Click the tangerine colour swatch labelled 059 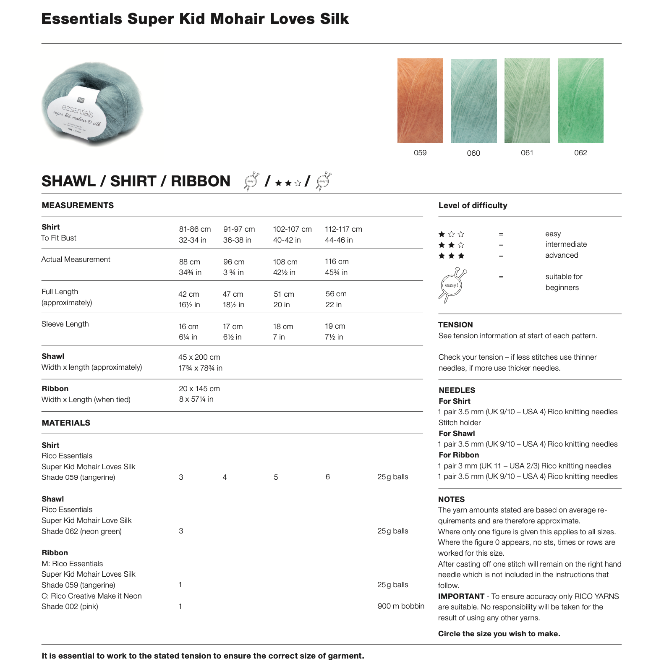pyautogui.click(x=420, y=100)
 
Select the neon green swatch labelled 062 pyautogui.click(x=580, y=100)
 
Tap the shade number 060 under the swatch pyautogui.click(x=473, y=153)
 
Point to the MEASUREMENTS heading pyautogui.click(x=78, y=205)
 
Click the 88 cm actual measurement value pyautogui.click(x=189, y=262)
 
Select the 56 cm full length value pyautogui.click(x=336, y=294)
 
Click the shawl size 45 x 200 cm pyautogui.click(x=199, y=357)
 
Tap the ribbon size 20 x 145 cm pyautogui.click(x=199, y=389)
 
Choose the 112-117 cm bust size pyautogui.click(x=343, y=229)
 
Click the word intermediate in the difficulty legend pyautogui.click(x=566, y=244)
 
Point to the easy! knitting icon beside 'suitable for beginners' pyautogui.click(x=452, y=285)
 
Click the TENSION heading pyautogui.click(x=455, y=324)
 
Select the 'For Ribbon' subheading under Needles pyautogui.click(x=459, y=455)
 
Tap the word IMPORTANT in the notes pyautogui.click(x=461, y=596)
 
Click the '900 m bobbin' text pyautogui.click(x=400, y=606)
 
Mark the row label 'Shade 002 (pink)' pyautogui.click(x=70, y=606)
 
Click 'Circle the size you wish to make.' pyautogui.click(x=499, y=634)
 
